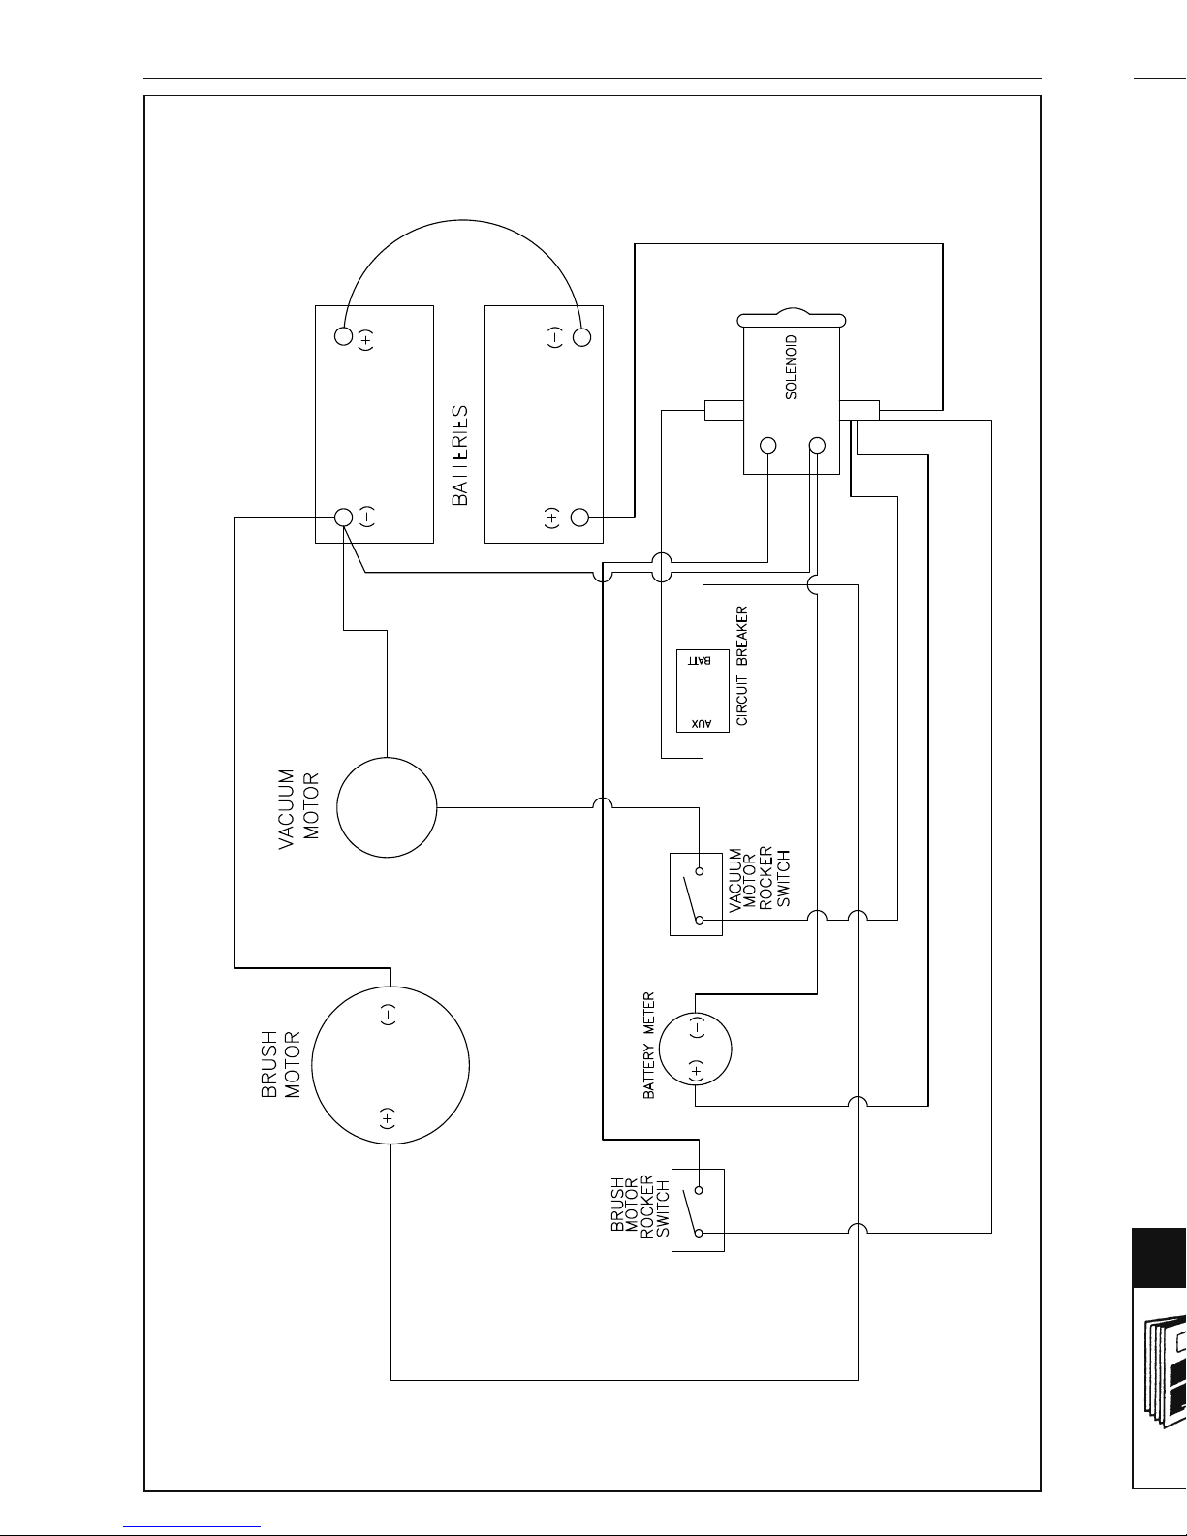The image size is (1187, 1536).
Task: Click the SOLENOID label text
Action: click(x=792, y=367)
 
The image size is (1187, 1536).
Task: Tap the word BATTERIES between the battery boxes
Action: click(x=460, y=455)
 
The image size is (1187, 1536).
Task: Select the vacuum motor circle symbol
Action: click(x=387, y=807)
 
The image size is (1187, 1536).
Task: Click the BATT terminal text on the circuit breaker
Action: click(x=700, y=660)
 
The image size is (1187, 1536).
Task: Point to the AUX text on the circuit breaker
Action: click(x=701, y=723)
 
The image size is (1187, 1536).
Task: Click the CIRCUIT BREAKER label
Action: click(x=742, y=665)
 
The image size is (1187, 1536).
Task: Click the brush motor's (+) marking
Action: click(x=388, y=1118)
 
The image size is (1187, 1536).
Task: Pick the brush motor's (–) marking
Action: click(x=388, y=1015)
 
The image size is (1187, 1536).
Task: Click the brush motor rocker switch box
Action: click(x=698, y=1210)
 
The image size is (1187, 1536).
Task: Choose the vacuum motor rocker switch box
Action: click(x=696, y=894)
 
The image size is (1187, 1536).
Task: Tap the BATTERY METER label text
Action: click(x=648, y=1045)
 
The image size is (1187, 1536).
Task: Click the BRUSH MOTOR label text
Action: click(x=281, y=1064)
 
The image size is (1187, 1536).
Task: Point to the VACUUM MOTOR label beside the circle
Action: click(x=298, y=808)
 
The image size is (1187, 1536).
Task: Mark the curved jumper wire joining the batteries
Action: click(x=462, y=221)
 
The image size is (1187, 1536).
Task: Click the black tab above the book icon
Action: click(x=1160, y=1257)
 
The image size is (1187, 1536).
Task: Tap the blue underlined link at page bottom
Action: click(x=192, y=1526)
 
